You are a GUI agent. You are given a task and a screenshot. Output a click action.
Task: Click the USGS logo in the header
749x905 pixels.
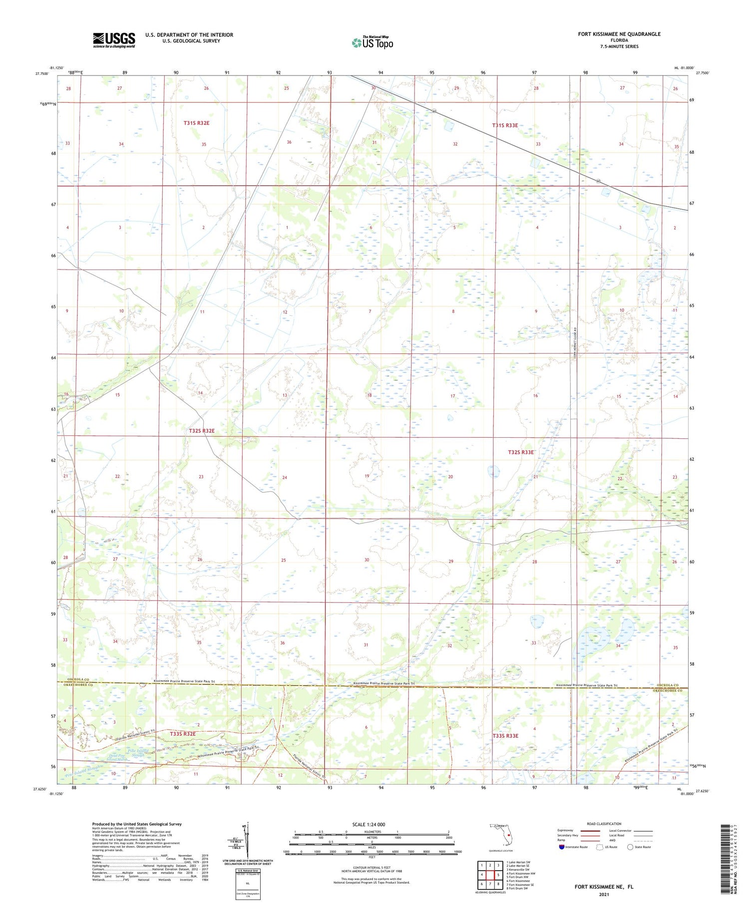coord(114,40)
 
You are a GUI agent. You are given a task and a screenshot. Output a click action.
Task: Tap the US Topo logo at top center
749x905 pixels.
coord(373,42)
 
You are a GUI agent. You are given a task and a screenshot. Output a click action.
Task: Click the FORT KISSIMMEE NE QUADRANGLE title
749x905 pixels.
coord(619,34)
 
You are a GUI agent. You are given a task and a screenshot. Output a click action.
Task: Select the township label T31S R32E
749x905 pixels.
coord(196,123)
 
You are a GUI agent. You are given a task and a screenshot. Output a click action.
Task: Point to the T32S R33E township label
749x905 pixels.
coord(521,452)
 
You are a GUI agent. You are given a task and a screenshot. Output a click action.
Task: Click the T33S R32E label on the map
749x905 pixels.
coord(182,734)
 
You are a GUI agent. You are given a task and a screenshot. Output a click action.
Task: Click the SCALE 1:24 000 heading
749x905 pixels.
coord(369,824)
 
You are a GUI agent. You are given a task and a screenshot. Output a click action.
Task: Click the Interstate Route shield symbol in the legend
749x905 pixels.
coord(561,847)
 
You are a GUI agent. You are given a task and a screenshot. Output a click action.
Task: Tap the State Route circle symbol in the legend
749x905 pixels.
coord(630,847)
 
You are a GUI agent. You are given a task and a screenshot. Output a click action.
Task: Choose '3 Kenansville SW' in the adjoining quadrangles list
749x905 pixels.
coord(518,870)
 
